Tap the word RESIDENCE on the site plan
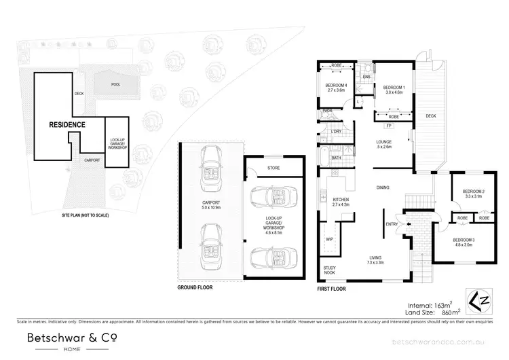67,125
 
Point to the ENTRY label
392,224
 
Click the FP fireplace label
389,126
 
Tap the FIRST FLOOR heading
332,288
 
